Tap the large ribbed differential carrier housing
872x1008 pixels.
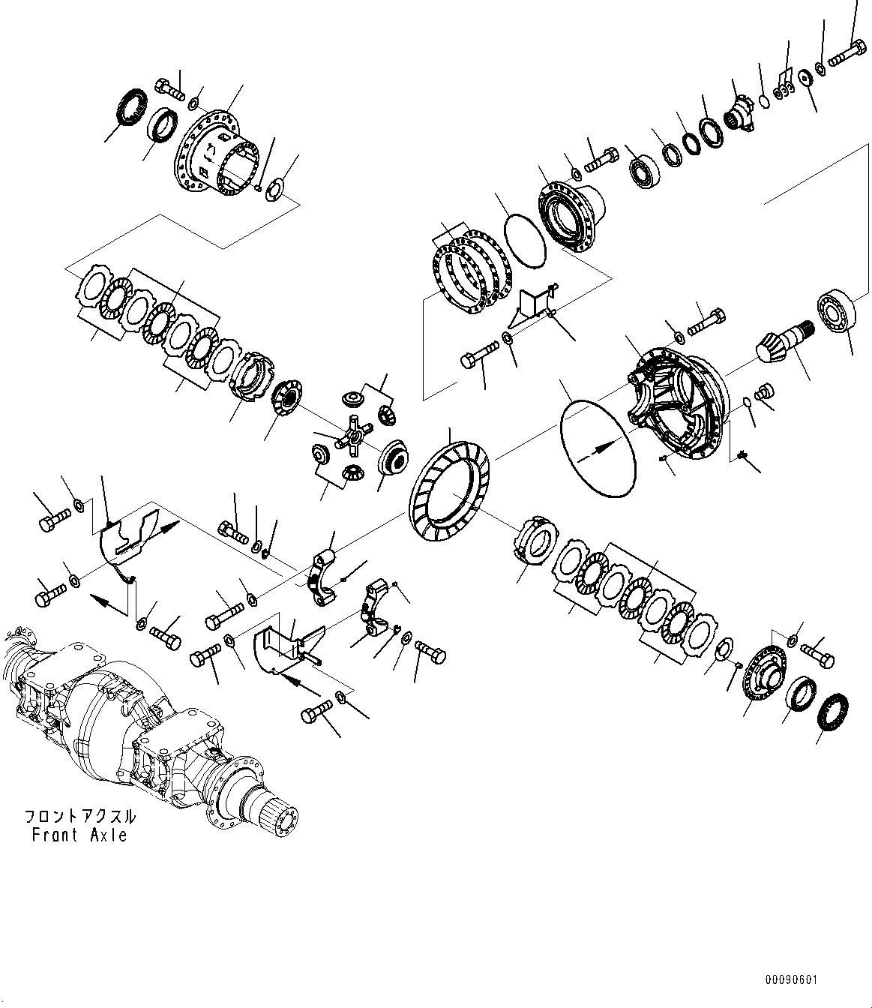679,402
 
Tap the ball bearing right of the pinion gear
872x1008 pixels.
835,310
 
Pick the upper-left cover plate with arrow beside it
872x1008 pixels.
127,535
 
